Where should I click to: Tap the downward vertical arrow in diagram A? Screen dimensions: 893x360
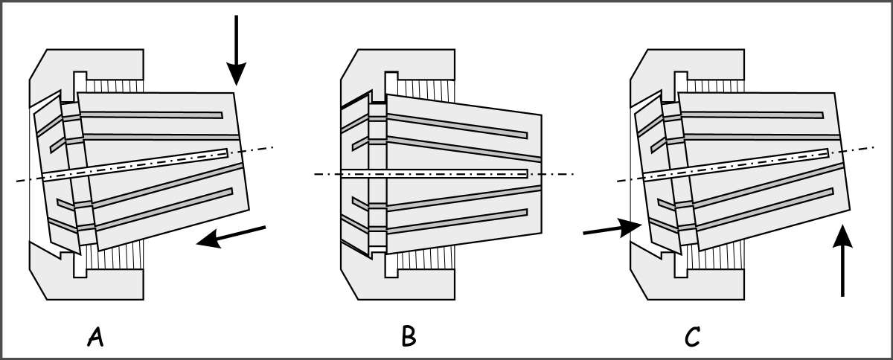point(236,51)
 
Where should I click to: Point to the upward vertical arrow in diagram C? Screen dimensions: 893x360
point(842,261)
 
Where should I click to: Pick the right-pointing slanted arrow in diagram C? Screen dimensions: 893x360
point(612,228)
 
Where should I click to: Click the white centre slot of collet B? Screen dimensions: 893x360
point(435,174)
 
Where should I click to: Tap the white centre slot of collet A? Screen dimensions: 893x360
point(135,165)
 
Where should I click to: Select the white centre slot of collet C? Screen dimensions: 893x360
point(736,165)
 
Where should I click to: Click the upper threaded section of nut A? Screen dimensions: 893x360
point(115,86)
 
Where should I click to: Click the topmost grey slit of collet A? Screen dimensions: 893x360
point(152,115)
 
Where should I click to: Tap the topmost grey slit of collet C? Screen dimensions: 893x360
point(752,115)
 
